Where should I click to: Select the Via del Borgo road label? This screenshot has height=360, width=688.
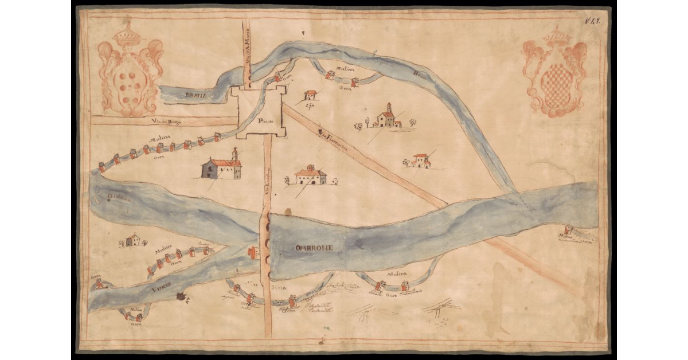(x=161, y=121)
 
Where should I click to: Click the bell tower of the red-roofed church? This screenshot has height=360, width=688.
(x=234, y=155)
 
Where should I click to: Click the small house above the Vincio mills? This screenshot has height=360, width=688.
(x=132, y=240)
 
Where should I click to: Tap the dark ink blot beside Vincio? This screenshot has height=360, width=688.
(x=183, y=296)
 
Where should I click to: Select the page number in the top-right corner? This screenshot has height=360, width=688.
(x=592, y=21)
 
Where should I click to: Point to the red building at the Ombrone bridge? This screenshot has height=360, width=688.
(x=252, y=252)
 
